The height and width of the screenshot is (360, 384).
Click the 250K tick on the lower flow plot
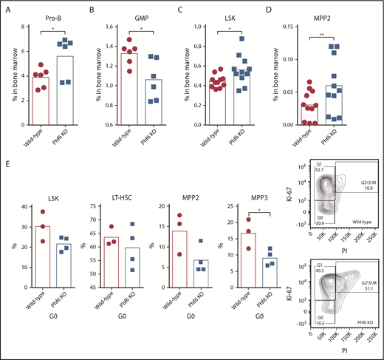376,335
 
